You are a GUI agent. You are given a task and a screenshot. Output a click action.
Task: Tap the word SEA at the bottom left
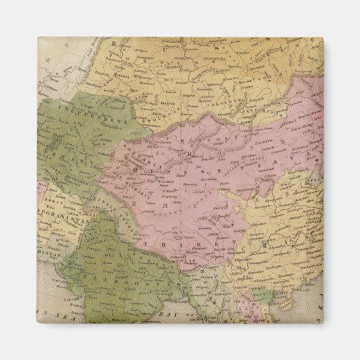click(68, 314)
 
